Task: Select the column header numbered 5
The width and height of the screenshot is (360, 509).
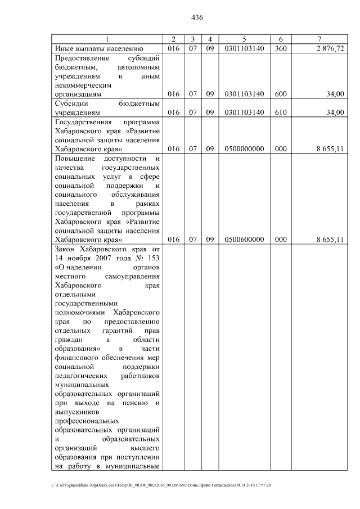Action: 244,39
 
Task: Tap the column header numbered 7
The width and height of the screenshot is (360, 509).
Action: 319,39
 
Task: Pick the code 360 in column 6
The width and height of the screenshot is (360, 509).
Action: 281,49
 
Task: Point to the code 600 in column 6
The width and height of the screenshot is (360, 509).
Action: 281,94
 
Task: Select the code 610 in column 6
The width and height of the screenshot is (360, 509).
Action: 281,112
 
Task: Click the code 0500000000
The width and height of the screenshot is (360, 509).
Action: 244,149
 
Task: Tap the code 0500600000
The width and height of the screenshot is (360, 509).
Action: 244,240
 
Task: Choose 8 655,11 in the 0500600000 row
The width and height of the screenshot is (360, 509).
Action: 330,240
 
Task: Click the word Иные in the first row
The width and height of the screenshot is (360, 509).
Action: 64,49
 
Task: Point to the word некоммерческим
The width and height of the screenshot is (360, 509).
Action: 81,85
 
